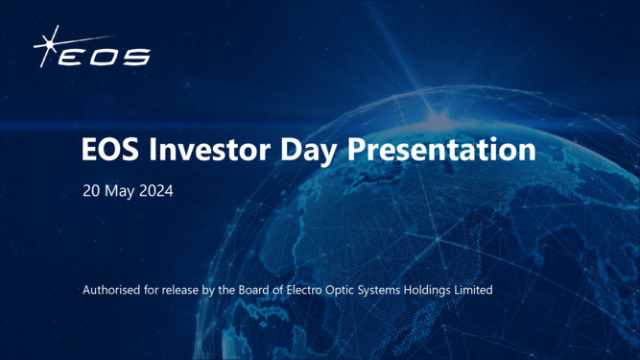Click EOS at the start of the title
click(x=107, y=151)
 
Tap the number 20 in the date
click(x=93, y=192)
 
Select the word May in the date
click(x=122, y=192)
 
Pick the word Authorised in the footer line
click(x=114, y=289)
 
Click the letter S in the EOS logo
click(x=135, y=58)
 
